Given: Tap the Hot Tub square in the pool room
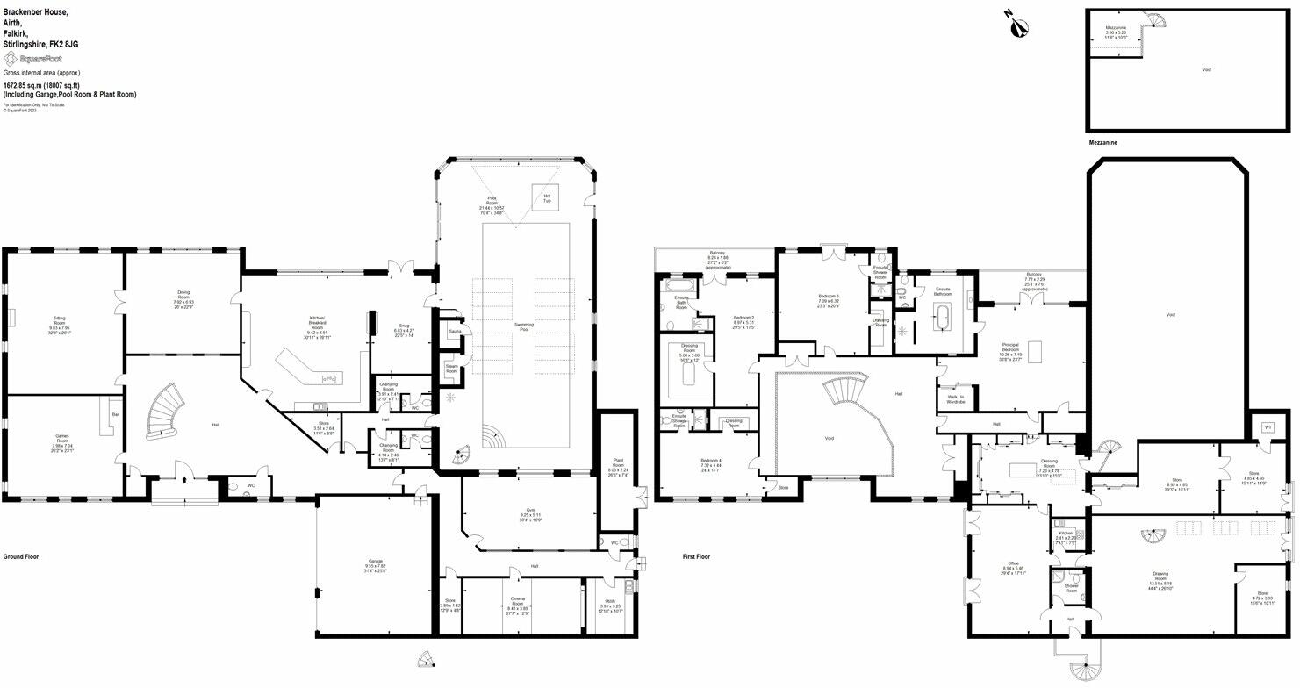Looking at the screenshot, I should point(546,197).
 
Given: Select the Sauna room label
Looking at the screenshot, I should point(454,332).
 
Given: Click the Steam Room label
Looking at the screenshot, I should point(451,369).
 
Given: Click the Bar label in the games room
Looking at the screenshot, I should point(115,413).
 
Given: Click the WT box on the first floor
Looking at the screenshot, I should point(1267,427).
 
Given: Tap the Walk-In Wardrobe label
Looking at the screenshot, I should point(955,399).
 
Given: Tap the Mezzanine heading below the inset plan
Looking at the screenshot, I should point(1102,142).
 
